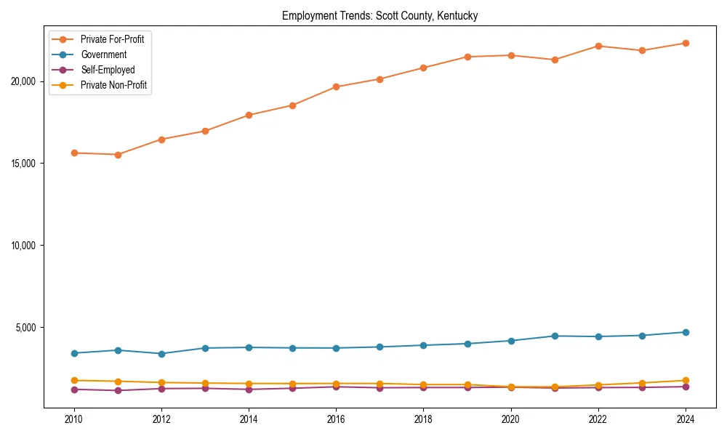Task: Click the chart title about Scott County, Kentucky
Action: pos(379,16)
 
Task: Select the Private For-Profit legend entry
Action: pos(112,39)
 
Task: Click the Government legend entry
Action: pos(103,54)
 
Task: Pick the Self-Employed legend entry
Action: pos(108,70)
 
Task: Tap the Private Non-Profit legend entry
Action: pos(113,85)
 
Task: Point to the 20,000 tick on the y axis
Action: pos(25,81)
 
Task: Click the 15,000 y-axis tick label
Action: pos(25,163)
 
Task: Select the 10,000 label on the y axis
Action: pos(25,246)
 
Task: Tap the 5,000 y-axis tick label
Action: pos(27,328)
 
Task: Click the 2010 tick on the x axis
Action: pos(73,419)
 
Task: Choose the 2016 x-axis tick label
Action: pos(336,419)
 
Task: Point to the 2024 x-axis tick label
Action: pos(686,419)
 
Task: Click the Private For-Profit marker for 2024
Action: pos(686,43)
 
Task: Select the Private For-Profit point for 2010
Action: pos(73,153)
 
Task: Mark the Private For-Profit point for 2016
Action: pos(336,86)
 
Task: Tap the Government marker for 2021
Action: pos(555,336)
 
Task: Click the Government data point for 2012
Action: pos(161,354)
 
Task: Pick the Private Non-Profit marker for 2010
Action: pos(73,380)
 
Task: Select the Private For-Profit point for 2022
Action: pos(598,46)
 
